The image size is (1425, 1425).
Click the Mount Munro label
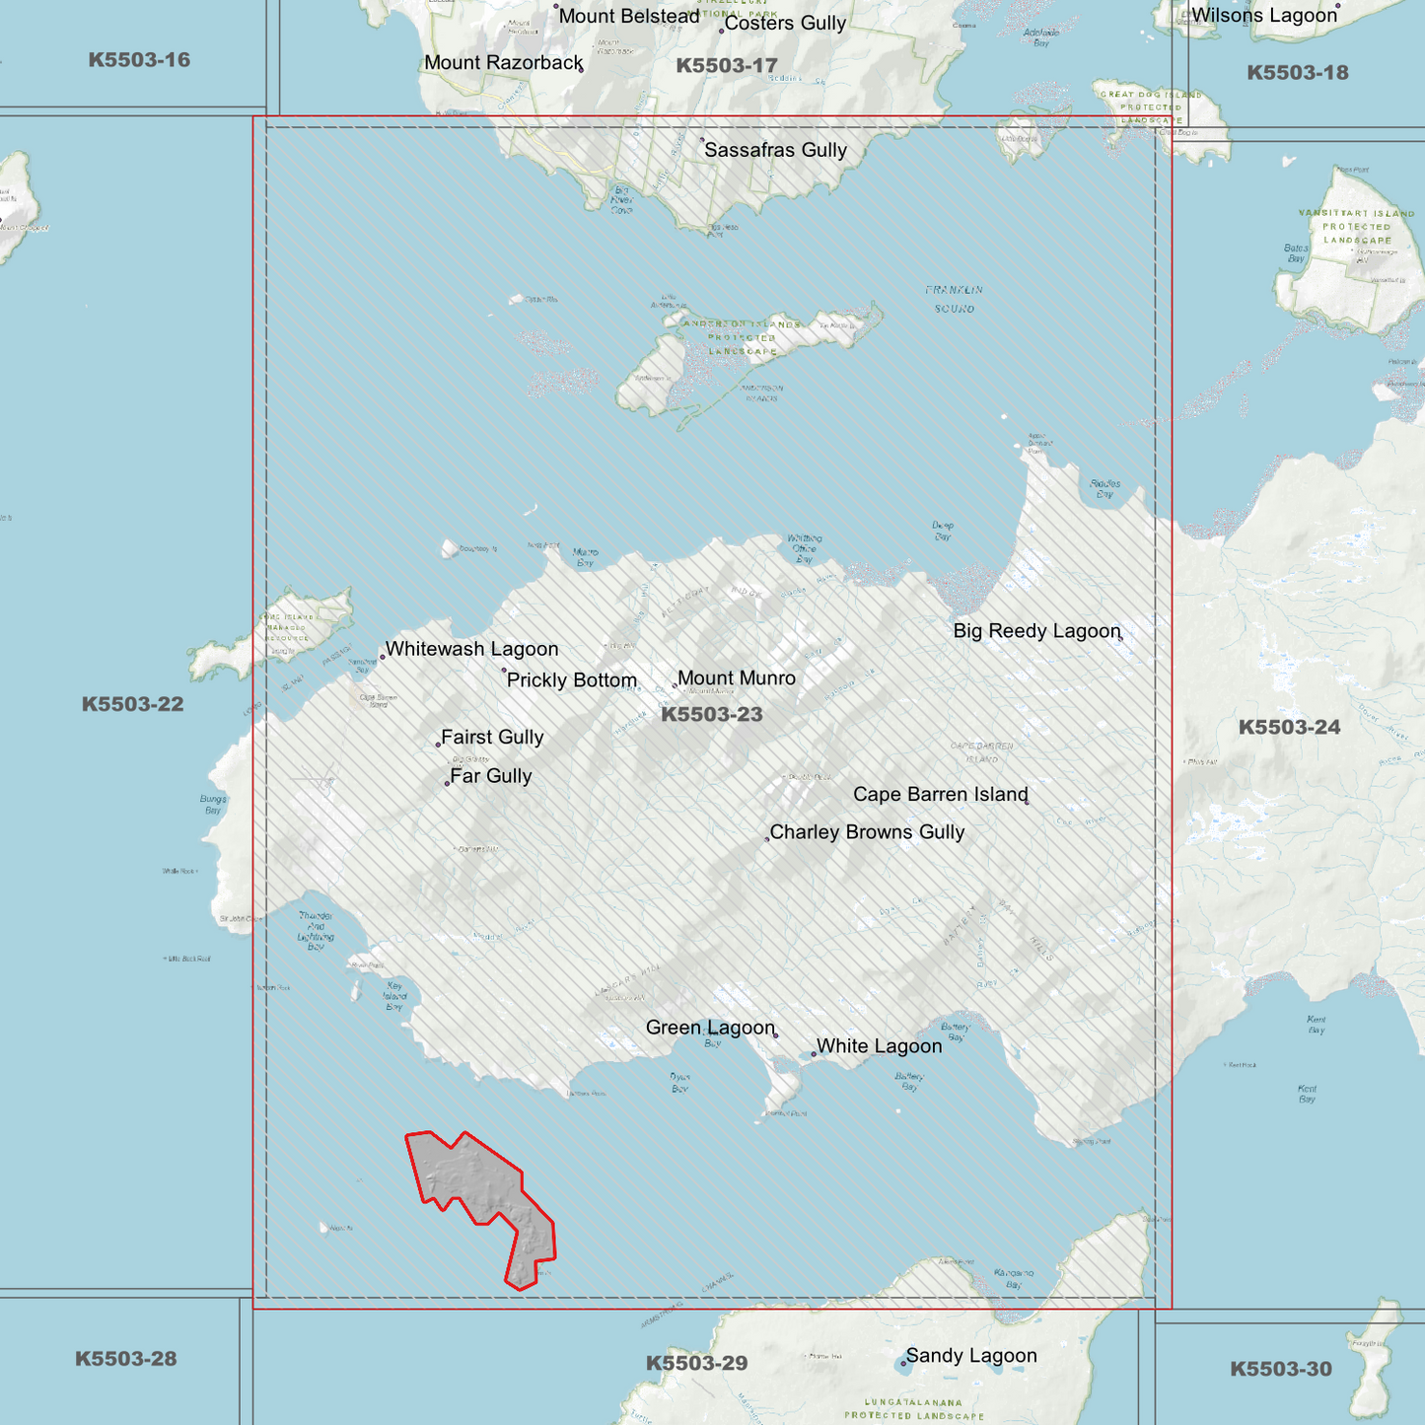pos(736,678)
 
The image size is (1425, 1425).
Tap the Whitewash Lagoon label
pos(471,649)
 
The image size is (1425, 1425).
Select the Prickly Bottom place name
pos(571,680)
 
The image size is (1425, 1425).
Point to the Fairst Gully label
pos(492,737)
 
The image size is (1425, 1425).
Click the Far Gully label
pos(490,776)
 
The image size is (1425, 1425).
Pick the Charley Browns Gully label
pos(867,832)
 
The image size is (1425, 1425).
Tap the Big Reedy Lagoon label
pos(1036,631)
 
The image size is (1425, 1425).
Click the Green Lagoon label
pos(710,1028)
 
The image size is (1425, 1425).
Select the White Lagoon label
pos(879,1046)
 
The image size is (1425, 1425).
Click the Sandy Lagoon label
pos(971,1356)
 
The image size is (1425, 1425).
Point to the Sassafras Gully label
pos(775,150)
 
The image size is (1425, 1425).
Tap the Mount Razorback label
pos(504,63)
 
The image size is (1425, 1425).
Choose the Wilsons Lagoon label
pos(1264,16)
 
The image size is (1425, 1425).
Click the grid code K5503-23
pos(711,715)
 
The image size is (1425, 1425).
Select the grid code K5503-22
pos(132,704)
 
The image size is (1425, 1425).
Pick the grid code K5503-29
pos(696,1363)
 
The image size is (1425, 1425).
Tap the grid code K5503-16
pos(139,60)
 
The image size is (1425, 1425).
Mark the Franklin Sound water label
pos(954,299)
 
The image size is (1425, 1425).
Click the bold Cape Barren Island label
pos(940,795)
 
